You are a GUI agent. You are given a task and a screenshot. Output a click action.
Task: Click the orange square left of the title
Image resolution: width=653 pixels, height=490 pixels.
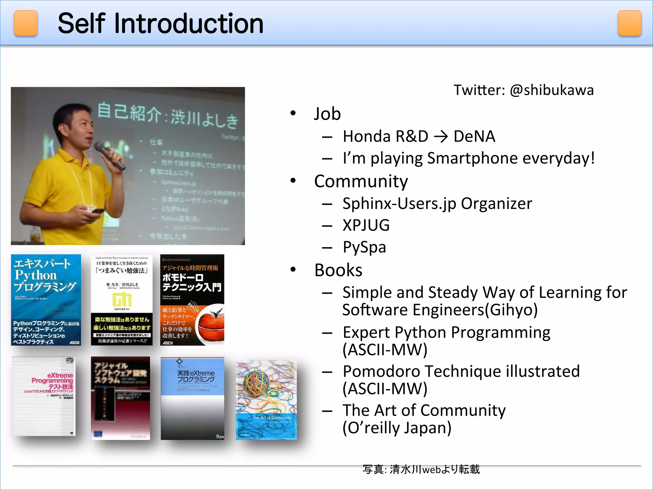click(26, 23)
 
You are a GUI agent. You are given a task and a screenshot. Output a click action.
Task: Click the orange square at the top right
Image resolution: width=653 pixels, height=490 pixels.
click(629, 23)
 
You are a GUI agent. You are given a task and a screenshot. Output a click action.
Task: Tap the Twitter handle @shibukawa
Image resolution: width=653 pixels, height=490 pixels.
click(552, 90)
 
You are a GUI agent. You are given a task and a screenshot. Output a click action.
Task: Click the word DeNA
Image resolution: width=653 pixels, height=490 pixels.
click(474, 137)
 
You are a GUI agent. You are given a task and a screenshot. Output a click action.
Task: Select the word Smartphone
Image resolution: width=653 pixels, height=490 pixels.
click(472, 158)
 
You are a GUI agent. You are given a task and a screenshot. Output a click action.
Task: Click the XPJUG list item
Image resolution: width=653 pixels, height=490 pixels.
click(366, 225)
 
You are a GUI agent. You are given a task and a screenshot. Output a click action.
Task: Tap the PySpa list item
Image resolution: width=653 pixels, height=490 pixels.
click(364, 247)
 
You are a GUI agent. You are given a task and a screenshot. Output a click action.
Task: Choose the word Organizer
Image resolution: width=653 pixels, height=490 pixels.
click(496, 204)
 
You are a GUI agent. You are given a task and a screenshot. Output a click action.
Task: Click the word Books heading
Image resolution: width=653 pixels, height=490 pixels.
click(338, 270)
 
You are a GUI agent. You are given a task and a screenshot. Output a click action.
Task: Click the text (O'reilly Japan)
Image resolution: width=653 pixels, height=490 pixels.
click(397, 428)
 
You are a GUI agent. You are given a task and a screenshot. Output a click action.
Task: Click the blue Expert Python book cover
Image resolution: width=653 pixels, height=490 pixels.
click(46, 300)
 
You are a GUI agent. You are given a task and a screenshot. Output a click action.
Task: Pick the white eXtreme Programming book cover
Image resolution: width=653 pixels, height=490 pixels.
click(44, 396)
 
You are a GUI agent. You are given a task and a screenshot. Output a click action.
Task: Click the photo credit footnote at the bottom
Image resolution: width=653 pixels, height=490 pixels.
click(421, 470)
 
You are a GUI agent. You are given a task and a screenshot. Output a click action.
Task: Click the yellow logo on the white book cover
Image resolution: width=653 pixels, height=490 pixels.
click(121, 300)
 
